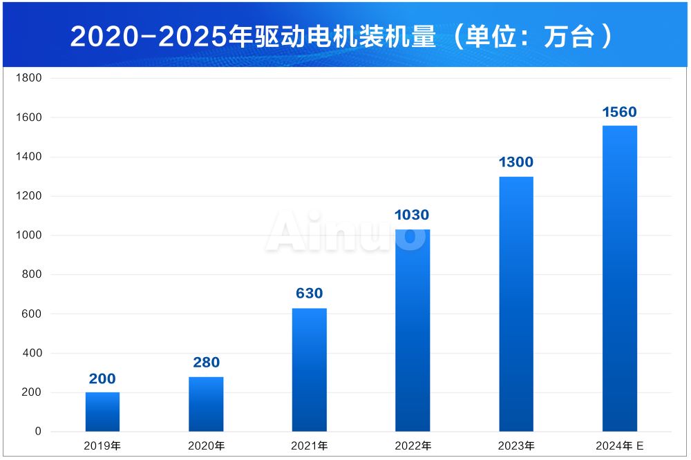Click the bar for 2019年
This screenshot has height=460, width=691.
[x=102, y=412]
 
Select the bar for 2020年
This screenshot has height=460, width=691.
[x=206, y=404]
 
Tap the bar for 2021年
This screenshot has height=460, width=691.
[x=310, y=370]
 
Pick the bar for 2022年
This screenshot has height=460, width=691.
[x=413, y=330]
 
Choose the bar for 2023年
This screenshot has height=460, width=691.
[x=516, y=304]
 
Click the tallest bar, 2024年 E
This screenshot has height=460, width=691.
[x=620, y=278]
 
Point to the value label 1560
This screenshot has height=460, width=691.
[x=619, y=112]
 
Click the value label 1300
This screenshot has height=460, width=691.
[x=516, y=162]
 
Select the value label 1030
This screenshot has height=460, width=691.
[x=413, y=215]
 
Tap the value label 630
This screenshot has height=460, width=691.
[x=310, y=294]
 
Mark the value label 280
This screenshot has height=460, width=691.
[x=206, y=362]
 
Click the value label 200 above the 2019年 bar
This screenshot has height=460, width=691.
[x=102, y=378]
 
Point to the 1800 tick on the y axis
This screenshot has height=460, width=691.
[x=29, y=78]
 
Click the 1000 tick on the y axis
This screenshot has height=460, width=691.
[x=29, y=236]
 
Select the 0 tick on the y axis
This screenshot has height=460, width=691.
[x=38, y=432]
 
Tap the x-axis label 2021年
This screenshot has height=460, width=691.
[x=310, y=446]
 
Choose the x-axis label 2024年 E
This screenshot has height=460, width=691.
[x=620, y=446]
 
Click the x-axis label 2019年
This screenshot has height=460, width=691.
[x=102, y=446]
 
